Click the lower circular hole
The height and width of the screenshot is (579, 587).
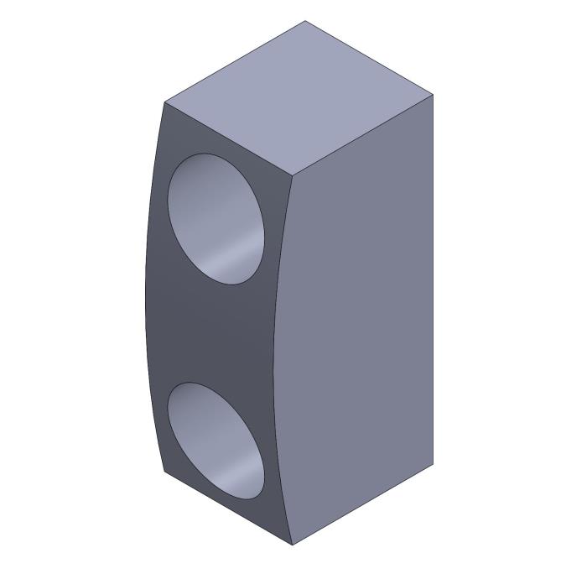pyautogui.click(x=216, y=440)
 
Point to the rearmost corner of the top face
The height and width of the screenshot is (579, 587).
pyautogui.click(x=305, y=21)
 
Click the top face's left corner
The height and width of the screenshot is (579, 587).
pyautogui.click(x=165, y=102)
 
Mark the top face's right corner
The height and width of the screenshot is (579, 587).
pyautogui.click(x=433, y=95)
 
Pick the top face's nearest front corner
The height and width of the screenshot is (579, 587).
pyautogui.click(x=293, y=176)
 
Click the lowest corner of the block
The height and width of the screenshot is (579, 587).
pyautogui.click(x=292, y=545)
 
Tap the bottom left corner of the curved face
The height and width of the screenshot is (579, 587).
pyautogui.click(x=164, y=471)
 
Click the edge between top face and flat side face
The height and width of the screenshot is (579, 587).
pyautogui.click(x=362, y=136)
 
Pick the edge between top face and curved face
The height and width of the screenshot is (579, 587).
pyautogui.click(x=228, y=139)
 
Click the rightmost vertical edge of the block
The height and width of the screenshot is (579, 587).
pyautogui.click(x=433, y=277)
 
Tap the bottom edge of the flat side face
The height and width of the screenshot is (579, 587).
pyautogui.click(x=362, y=504)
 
